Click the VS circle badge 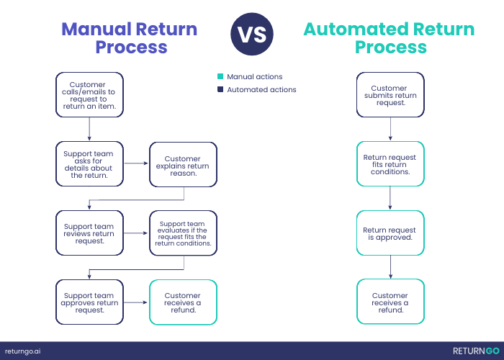(x=252, y=34)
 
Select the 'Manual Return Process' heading (x=130, y=38)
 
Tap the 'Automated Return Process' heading (x=389, y=38)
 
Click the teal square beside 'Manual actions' (x=220, y=76)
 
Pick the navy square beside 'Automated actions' (x=220, y=89)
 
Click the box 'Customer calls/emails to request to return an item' (x=89, y=95)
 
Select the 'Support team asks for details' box (x=89, y=164)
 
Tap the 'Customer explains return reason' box (x=183, y=165)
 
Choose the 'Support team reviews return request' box (x=89, y=233)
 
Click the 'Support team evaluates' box (x=183, y=233)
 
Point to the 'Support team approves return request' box (x=89, y=302)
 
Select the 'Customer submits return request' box (x=390, y=95)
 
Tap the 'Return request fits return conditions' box (x=390, y=164)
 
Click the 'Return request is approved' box (x=390, y=233)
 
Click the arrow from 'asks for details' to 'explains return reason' (x=136, y=163)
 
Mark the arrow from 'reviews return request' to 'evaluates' (x=135, y=233)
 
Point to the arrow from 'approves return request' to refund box (x=135, y=302)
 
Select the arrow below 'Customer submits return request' (x=390, y=129)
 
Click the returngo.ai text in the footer (x=22, y=351)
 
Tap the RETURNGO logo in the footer (x=476, y=351)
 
